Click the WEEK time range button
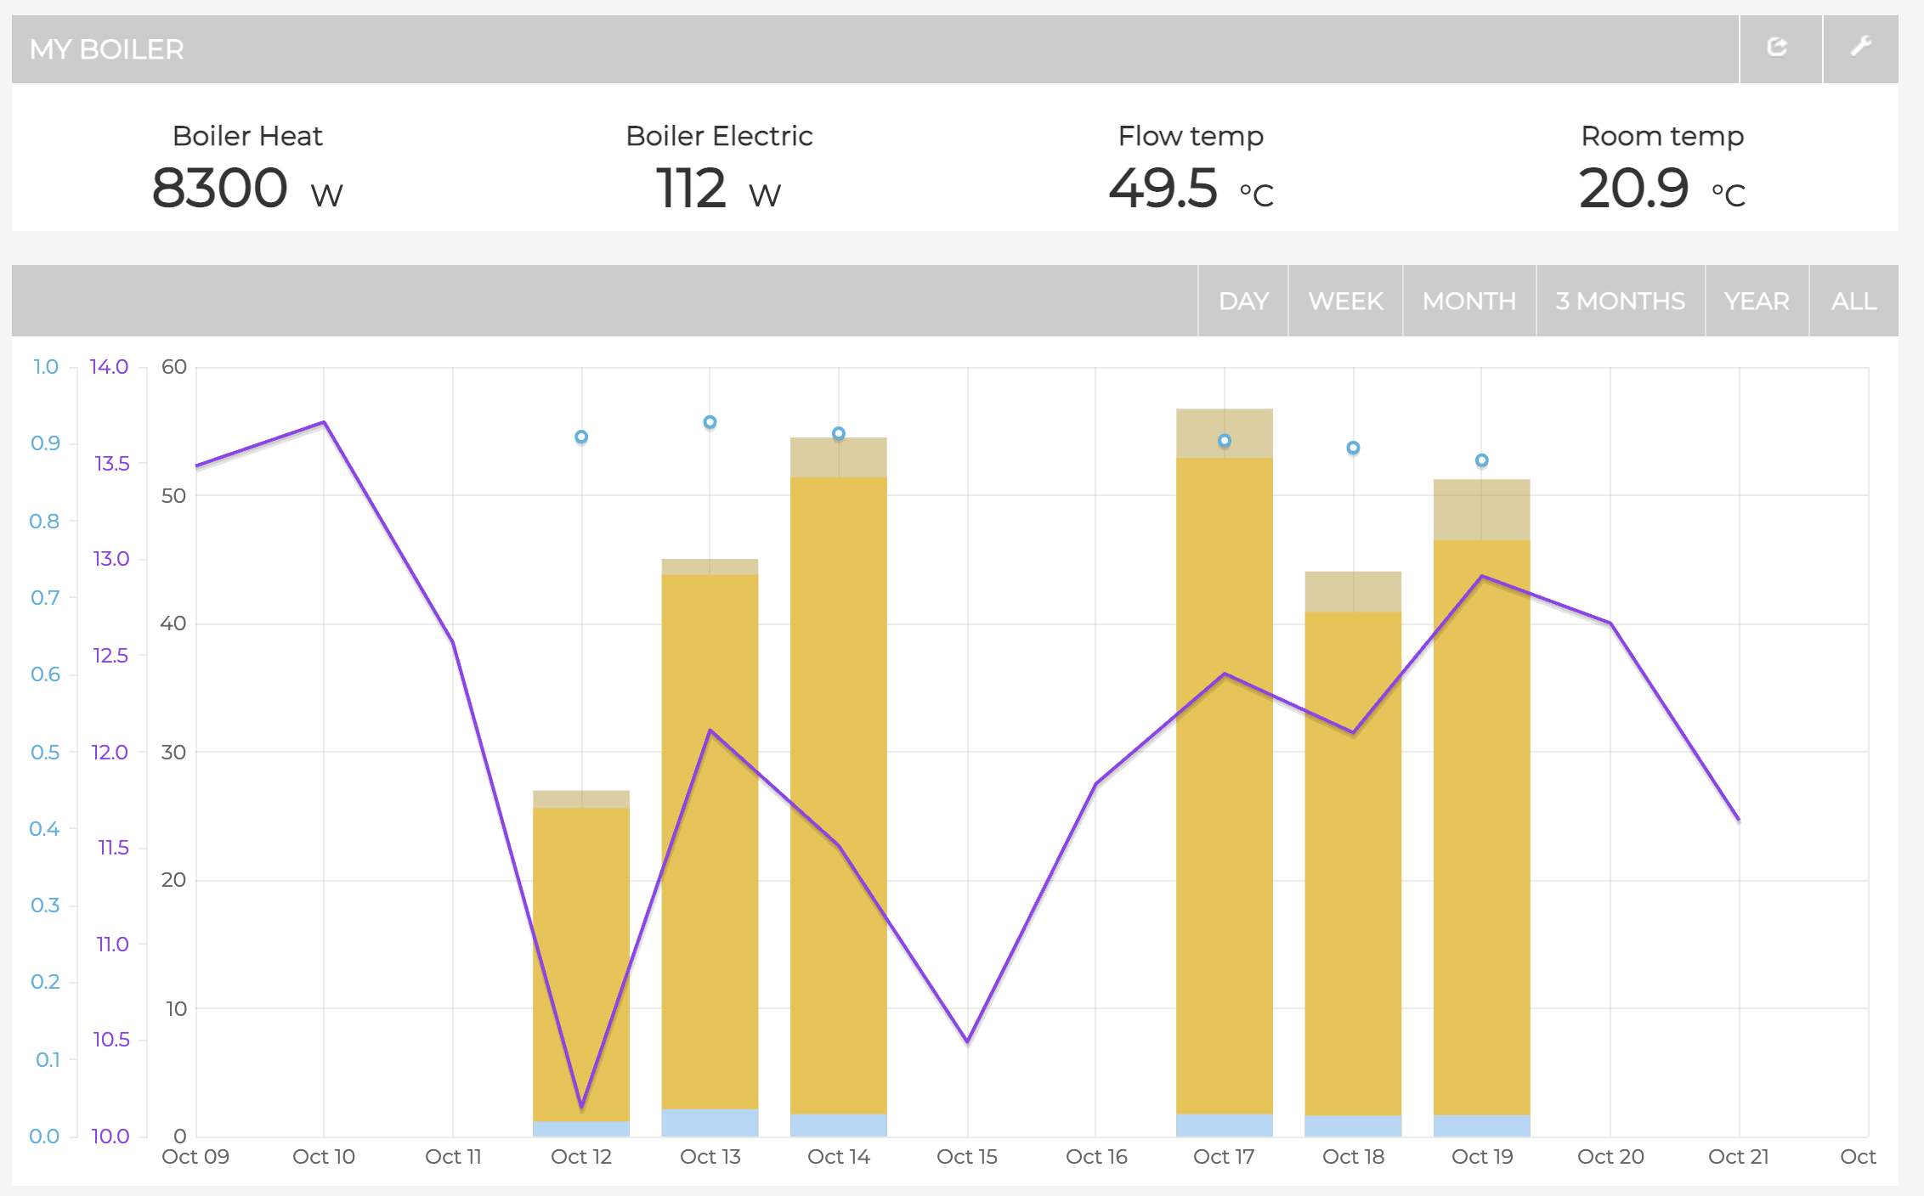click(1345, 302)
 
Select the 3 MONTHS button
click(1620, 302)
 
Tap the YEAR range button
click(1757, 302)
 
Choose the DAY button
click(1243, 302)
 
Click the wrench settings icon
click(1860, 48)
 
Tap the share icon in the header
click(1777, 48)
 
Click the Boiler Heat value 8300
click(219, 188)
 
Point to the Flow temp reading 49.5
click(1163, 188)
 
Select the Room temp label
click(1661, 136)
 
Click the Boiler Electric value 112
click(691, 188)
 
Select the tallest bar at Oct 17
click(1224, 764)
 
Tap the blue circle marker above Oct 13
click(710, 422)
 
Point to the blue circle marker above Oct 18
click(1353, 448)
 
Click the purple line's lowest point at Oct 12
click(581, 1107)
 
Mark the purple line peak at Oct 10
click(324, 422)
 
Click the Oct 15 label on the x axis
click(966, 1157)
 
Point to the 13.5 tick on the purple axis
click(112, 464)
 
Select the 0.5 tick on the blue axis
click(45, 753)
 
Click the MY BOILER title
click(107, 49)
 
